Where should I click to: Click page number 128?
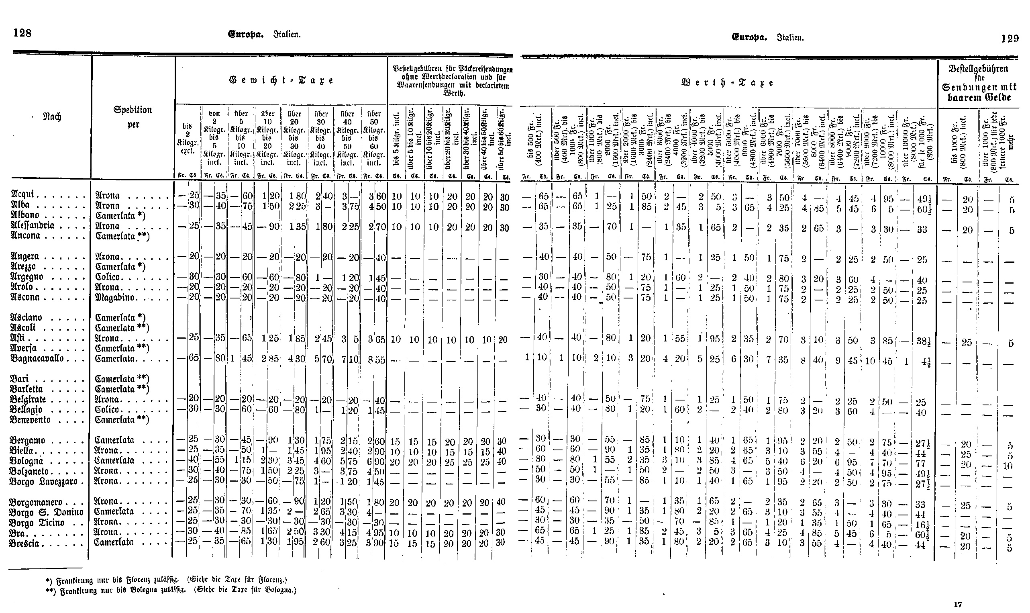22,33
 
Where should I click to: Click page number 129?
1010,39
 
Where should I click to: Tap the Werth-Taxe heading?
727,83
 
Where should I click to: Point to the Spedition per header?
133,117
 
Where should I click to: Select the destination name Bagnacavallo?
37,358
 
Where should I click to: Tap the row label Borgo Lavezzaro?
43,481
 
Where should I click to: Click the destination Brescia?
24,543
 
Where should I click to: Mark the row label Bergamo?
28,440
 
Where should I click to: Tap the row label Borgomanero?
36,502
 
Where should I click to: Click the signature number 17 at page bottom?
958,604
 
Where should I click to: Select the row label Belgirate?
29,399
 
